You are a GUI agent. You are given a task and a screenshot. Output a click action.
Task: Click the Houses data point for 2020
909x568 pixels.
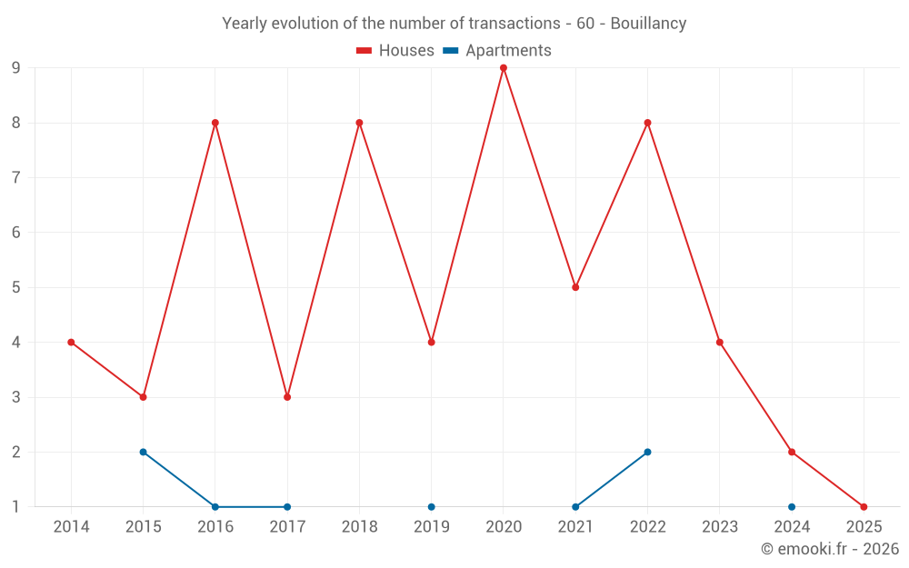coord(504,68)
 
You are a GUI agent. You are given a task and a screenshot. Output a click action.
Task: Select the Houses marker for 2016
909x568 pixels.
coord(215,123)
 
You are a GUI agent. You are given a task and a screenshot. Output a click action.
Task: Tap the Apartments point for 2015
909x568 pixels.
coord(143,452)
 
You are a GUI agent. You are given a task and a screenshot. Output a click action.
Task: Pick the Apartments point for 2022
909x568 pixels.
coord(647,452)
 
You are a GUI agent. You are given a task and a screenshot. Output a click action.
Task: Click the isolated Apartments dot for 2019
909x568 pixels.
coord(431,507)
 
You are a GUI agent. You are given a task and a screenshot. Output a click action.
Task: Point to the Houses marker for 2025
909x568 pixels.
coord(864,507)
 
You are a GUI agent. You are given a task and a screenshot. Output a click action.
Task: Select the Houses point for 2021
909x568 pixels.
coord(575,287)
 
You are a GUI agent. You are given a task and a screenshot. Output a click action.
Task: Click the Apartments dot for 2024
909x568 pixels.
coord(792,507)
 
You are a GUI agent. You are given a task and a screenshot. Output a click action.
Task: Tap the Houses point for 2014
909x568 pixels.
coord(71,343)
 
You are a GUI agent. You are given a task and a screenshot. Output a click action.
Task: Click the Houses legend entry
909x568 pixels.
coord(395,51)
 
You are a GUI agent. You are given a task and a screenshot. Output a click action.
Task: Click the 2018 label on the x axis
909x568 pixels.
coord(359,527)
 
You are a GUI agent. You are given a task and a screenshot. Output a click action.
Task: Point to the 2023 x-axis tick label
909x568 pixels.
coord(720,527)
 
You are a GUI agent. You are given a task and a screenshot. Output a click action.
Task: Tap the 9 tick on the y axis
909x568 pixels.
coord(16,68)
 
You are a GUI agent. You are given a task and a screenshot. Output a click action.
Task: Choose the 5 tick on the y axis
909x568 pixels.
coord(16,287)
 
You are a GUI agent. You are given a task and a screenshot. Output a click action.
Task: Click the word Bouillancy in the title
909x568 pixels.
coord(648,24)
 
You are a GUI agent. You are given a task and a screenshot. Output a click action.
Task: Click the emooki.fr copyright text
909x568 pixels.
coord(830,549)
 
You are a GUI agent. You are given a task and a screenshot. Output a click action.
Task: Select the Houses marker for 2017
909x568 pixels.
coord(287,397)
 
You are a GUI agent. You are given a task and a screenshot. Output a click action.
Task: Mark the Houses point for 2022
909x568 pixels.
coord(647,123)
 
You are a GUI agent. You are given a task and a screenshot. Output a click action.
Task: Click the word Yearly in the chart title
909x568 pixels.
coord(245,24)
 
